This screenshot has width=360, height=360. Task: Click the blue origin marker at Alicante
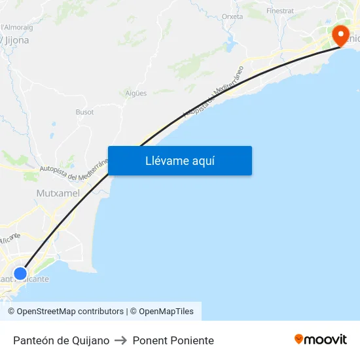click(20, 273)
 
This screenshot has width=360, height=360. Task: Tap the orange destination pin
click(341, 34)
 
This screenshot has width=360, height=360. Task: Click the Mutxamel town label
click(58, 193)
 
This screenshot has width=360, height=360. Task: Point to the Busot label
click(84, 112)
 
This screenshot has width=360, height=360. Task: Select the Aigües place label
click(136, 94)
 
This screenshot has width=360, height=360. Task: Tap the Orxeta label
click(232, 16)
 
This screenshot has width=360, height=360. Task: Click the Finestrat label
click(280, 11)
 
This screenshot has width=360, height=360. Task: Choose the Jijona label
click(17, 40)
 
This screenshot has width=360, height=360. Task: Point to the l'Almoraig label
click(17, 27)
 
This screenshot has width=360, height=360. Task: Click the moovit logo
click(321, 340)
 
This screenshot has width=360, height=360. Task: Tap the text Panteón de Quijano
click(61, 340)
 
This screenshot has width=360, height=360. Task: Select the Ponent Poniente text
click(173, 340)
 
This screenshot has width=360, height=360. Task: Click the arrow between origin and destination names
click(120, 340)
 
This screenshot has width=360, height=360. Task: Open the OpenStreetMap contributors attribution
click(70, 312)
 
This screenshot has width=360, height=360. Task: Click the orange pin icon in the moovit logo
click(299, 339)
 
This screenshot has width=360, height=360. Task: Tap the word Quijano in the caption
click(90, 340)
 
